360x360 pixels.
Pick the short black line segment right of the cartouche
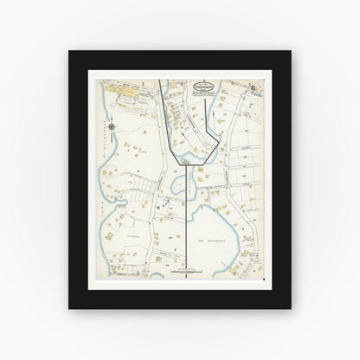tap(204, 112)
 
